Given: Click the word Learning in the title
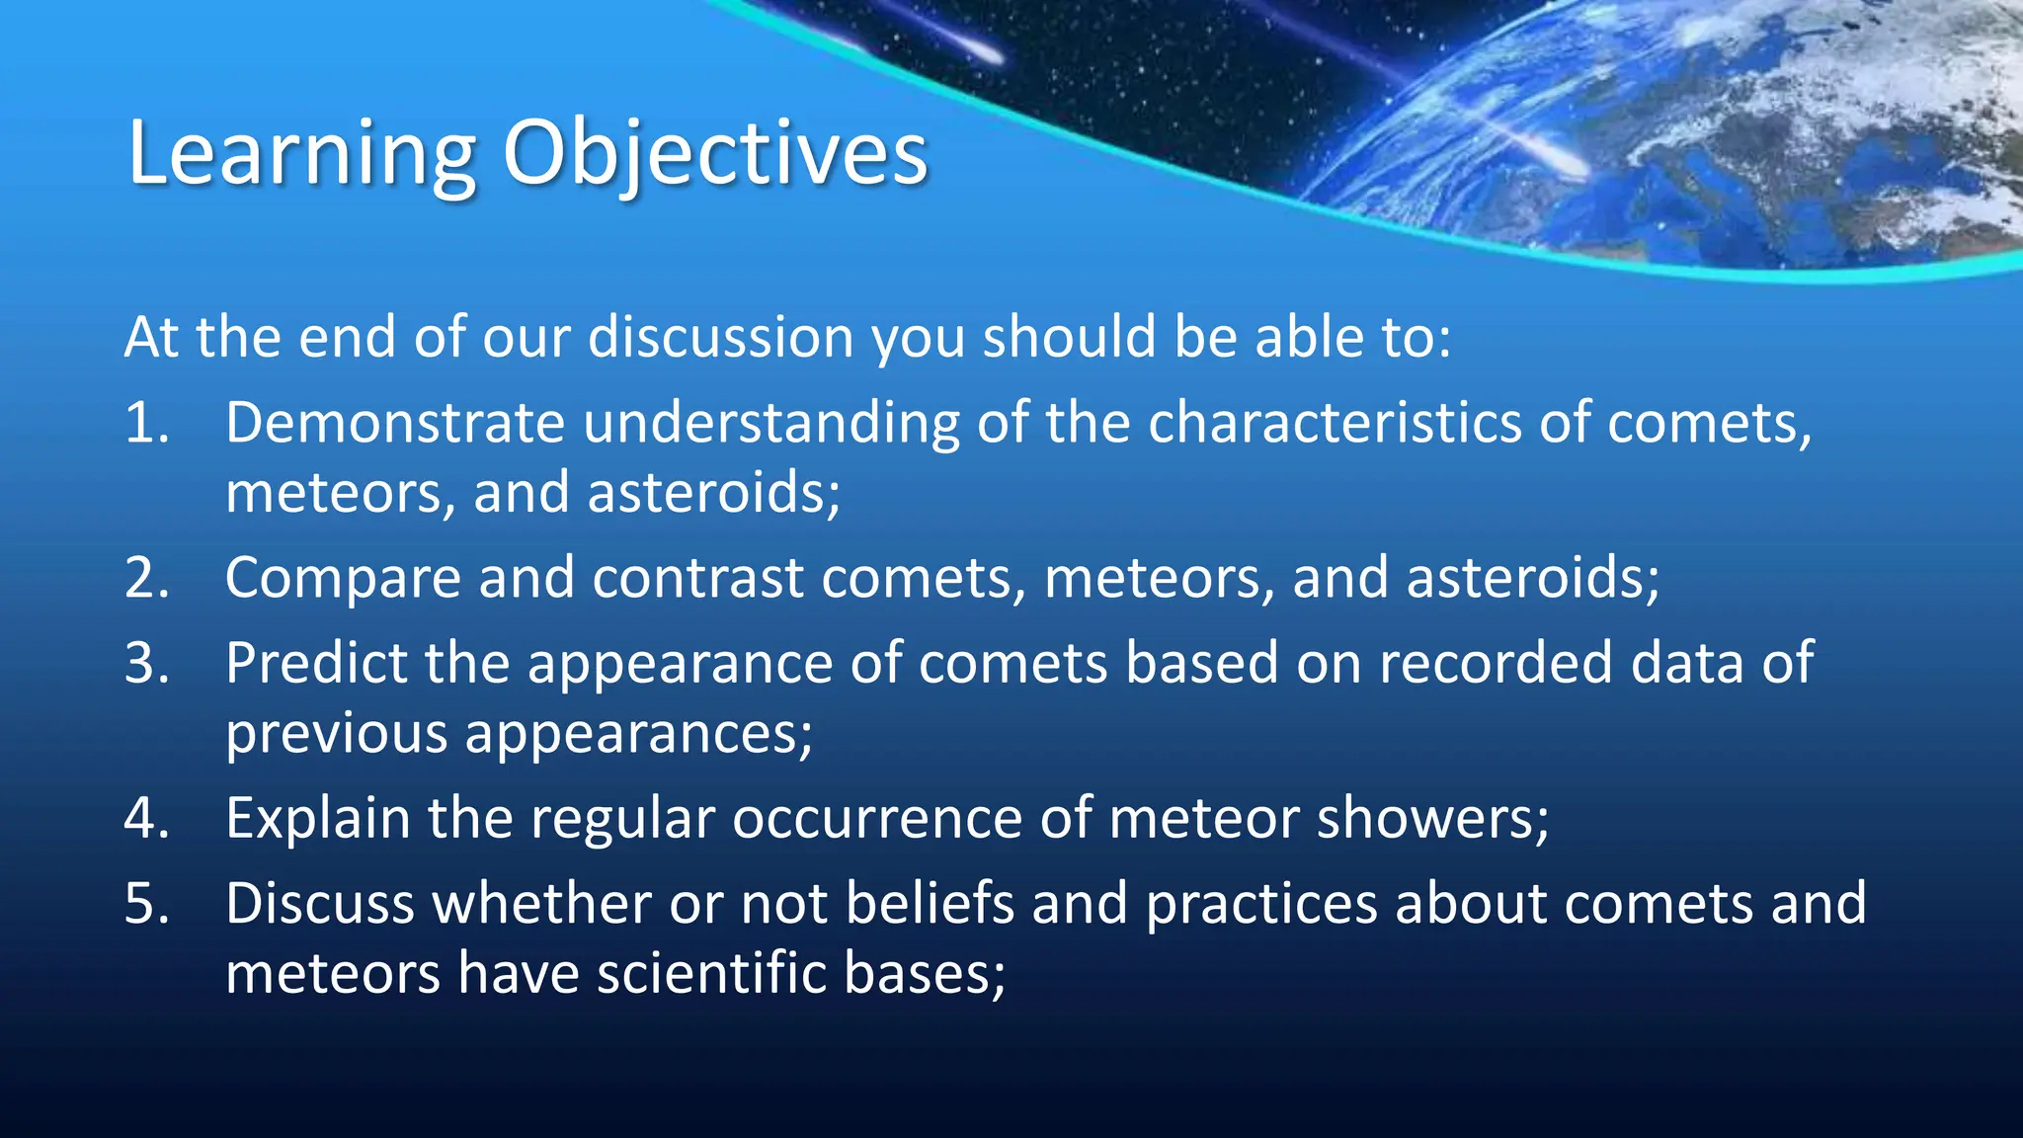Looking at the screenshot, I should pos(301,155).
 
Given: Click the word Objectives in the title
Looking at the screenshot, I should pos(715,155).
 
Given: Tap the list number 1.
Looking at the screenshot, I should pos(145,423).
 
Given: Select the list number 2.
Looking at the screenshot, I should pos(146,578).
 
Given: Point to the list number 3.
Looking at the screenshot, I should pos(146,663).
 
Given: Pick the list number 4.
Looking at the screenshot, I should pos(146,819).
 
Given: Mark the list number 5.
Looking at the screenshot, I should pos(146,904).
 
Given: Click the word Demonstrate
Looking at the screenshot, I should pos(394,423).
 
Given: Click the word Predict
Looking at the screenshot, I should pos(316,663).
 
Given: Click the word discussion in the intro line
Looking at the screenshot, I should pos(720,338).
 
